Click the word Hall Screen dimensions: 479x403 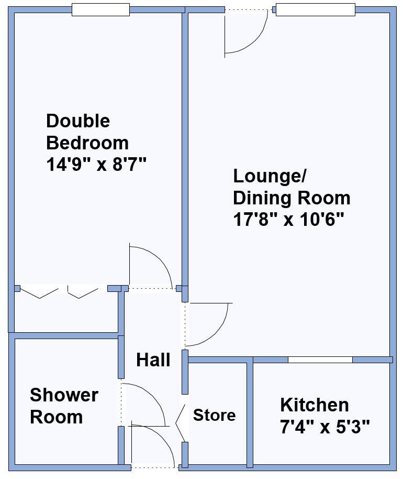153,360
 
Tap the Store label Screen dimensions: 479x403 214,416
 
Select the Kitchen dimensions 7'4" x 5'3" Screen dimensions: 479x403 324,427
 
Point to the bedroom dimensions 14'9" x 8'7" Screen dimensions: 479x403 96,165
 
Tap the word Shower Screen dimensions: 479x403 64,395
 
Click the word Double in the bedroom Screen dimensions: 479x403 78,121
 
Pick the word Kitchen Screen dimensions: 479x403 314,405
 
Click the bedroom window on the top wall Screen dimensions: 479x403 100,10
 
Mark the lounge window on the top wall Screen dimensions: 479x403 315,10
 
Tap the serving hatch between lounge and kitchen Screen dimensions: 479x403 320,360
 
